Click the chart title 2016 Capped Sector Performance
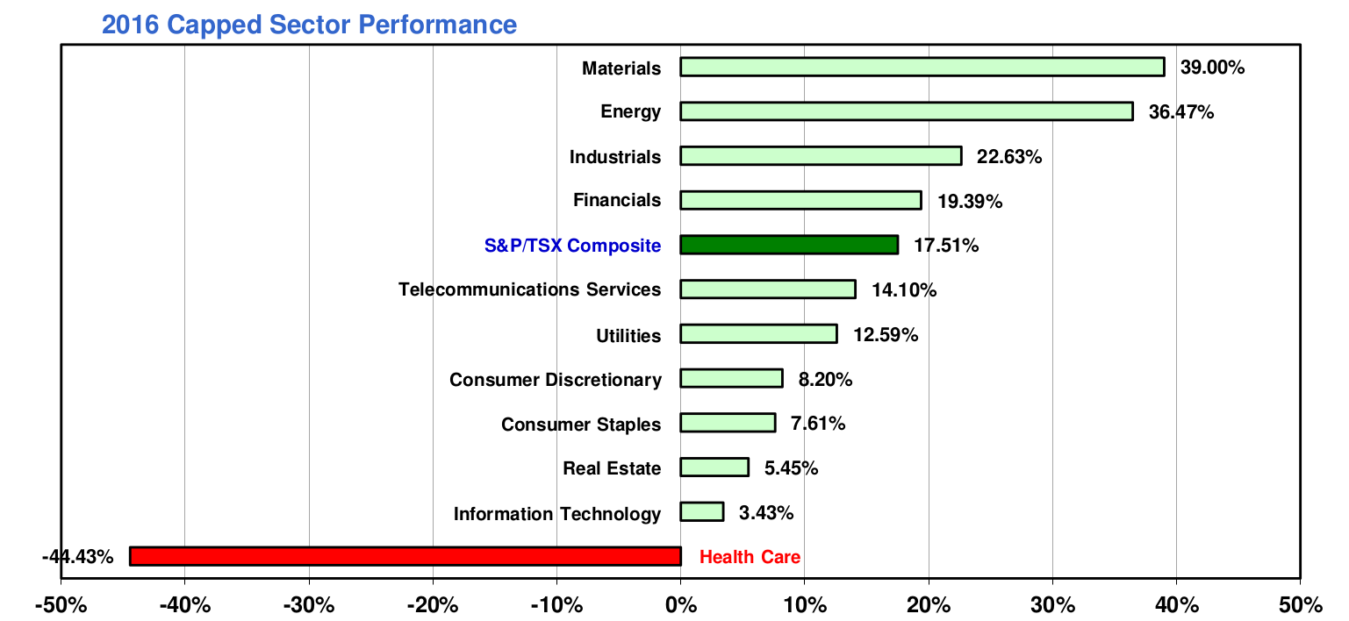pyautogui.click(x=309, y=24)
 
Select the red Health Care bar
pyautogui.click(x=405, y=556)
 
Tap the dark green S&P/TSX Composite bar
pyautogui.click(x=788, y=245)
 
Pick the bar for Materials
pyautogui.click(x=922, y=67)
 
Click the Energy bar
pyautogui.click(x=906, y=111)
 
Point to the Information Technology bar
pyautogui.click(x=701, y=511)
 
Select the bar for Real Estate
pyautogui.click(x=714, y=467)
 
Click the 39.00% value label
pyautogui.click(x=1212, y=68)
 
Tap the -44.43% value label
pyautogui.click(x=77, y=557)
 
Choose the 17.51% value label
pyautogui.click(x=946, y=246)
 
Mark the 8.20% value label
pyautogui.click(x=825, y=379)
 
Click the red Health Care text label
pyautogui.click(x=750, y=557)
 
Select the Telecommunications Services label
pyautogui.click(x=529, y=289)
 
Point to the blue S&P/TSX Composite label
pyautogui.click(x=572, y=246)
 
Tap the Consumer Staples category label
pyautogui.click(x=580, y=425)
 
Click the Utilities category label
pyautogui.click(x=628, y=335)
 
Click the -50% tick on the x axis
pyautogui.click(x=61, y=604)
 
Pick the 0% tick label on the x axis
pyautogui.click(x=680, y=604)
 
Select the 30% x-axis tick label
pyautogui.click(x=1052, y=604)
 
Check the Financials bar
pyautogui.click(x=800, y=200)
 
